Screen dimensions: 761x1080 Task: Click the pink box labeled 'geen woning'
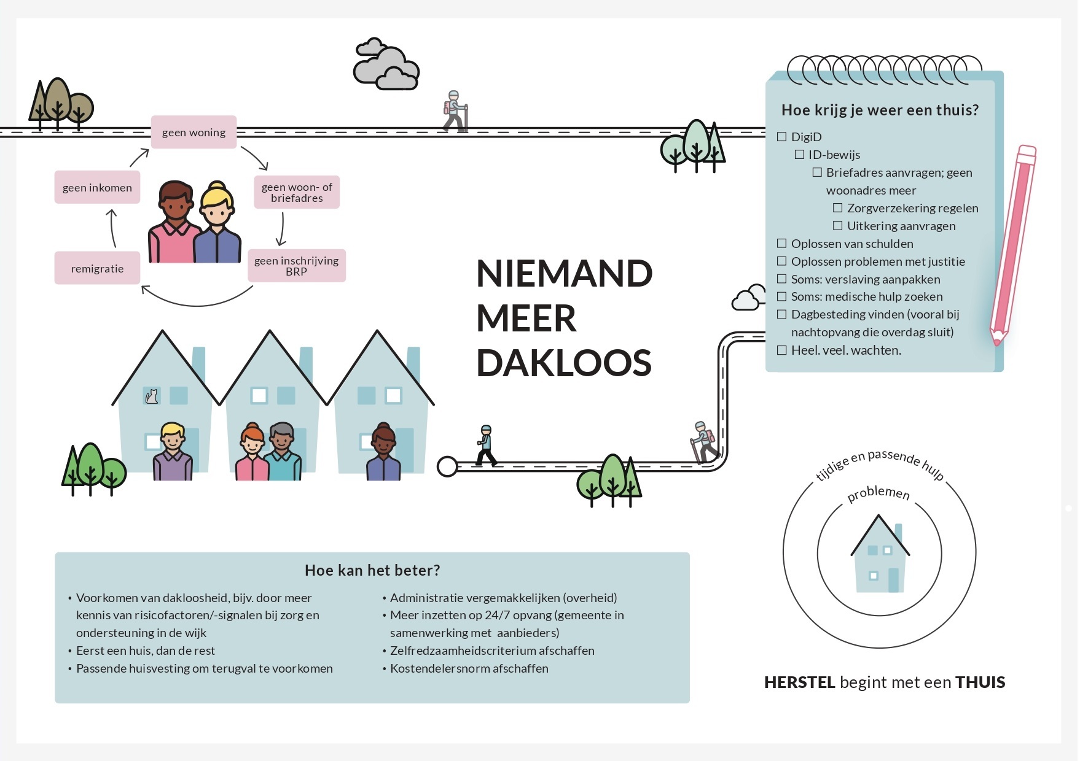point(194,132)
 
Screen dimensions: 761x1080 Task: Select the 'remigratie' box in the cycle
point(97,268)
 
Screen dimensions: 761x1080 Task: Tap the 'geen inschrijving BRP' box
point(296,266)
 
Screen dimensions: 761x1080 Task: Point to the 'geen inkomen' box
point(97,187)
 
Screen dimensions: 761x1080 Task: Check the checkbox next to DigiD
point(781,137)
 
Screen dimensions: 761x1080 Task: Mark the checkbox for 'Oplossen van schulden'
point(781,244)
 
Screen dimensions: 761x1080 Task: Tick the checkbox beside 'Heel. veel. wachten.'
point(781,350)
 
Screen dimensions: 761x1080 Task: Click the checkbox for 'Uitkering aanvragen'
point(837,226)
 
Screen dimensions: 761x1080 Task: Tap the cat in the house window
point(151,396)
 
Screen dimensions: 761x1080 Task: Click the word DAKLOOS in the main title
point(563,363)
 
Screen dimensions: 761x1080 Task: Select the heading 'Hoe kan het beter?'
point(372,570)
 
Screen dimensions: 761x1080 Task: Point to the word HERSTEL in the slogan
point(799,682)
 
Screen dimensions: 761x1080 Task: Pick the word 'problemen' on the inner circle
point(878,493)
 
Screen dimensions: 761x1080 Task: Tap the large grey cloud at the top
point(386,66)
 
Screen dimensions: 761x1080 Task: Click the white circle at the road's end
point(447,466)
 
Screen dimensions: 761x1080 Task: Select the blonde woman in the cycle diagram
point(217,224)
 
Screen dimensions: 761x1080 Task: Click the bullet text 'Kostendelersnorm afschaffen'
point(469,668)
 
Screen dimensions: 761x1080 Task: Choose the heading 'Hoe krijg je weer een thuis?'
point(880,110)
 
